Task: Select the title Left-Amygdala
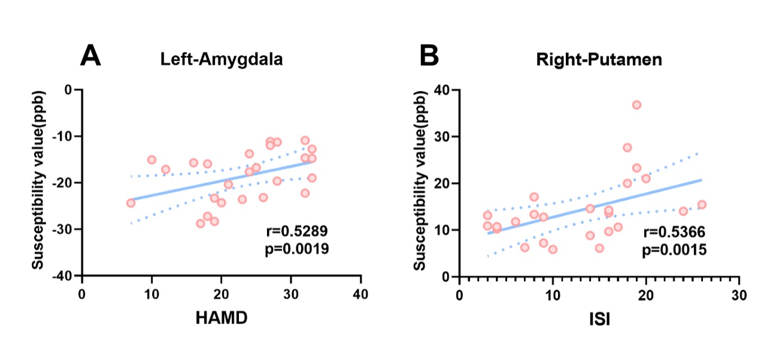221,60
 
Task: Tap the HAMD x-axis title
221,318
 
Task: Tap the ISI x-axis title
599,318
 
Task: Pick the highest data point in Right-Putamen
636,105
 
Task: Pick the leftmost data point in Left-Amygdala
131,202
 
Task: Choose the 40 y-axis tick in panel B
443,90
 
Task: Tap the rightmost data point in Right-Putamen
702,204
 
